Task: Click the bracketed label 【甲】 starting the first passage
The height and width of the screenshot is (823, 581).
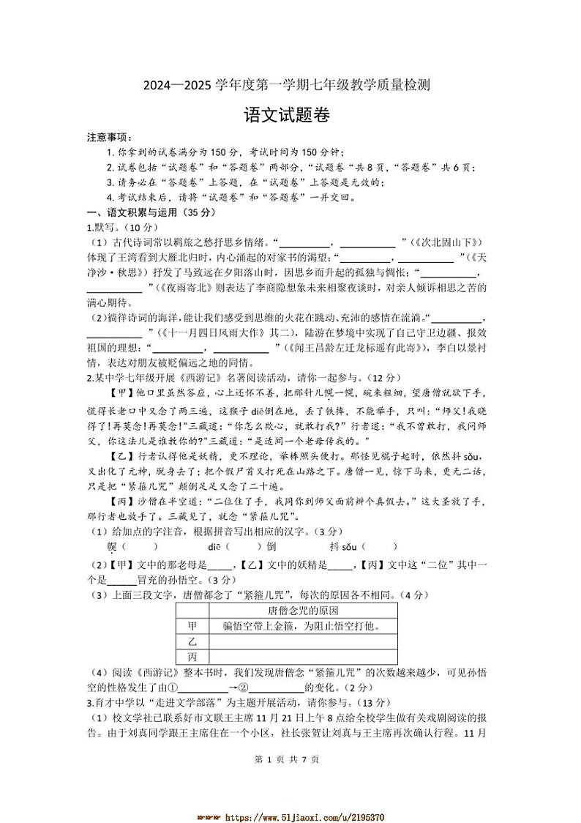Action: (121, 392)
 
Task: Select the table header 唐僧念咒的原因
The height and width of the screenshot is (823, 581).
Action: (303, 610)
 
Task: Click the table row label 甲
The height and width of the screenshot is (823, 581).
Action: (192, 626)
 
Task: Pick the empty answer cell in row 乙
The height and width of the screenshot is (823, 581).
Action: (303, 641)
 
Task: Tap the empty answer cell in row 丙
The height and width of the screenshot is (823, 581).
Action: (303, 657)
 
